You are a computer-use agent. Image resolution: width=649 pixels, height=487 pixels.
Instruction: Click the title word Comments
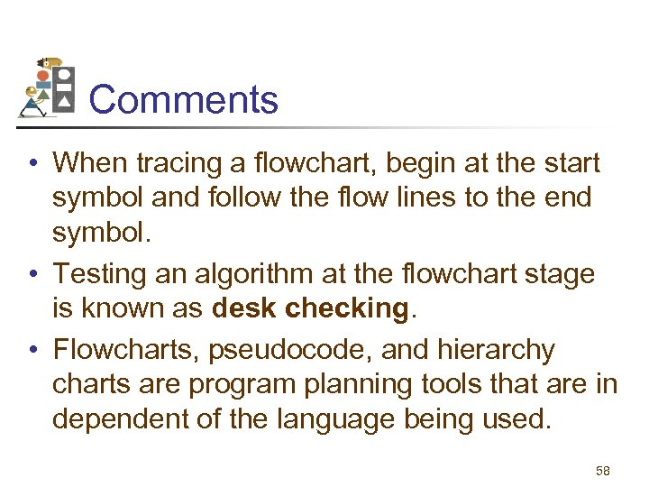click(x=184, y=99)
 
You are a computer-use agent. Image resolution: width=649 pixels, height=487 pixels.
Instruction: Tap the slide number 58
click(x=604, y=471)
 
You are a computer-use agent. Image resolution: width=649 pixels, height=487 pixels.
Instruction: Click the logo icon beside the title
click(x=46, y=87)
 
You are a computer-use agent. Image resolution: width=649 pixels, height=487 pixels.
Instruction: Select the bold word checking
click(x=346, y=308)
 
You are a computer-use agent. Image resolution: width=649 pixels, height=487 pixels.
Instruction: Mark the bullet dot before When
click(x=31, y=164)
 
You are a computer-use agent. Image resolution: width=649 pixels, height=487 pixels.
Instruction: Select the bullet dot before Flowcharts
click(x=31, y=350)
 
